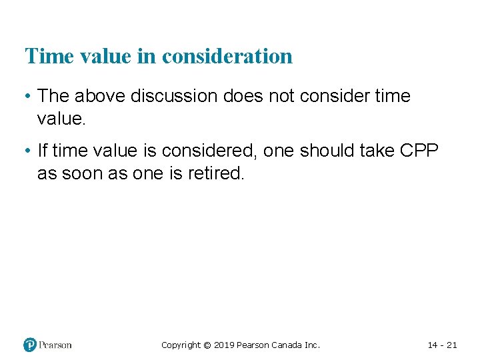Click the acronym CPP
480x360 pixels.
(419, 151)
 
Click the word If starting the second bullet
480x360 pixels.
(43, 151)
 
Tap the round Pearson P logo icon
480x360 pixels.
(30, 345)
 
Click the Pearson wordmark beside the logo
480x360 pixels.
(55, 345)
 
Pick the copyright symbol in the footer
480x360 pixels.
(207, 345)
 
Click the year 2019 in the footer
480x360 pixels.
(224, 345)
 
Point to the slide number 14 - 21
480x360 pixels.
(442, 345)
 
